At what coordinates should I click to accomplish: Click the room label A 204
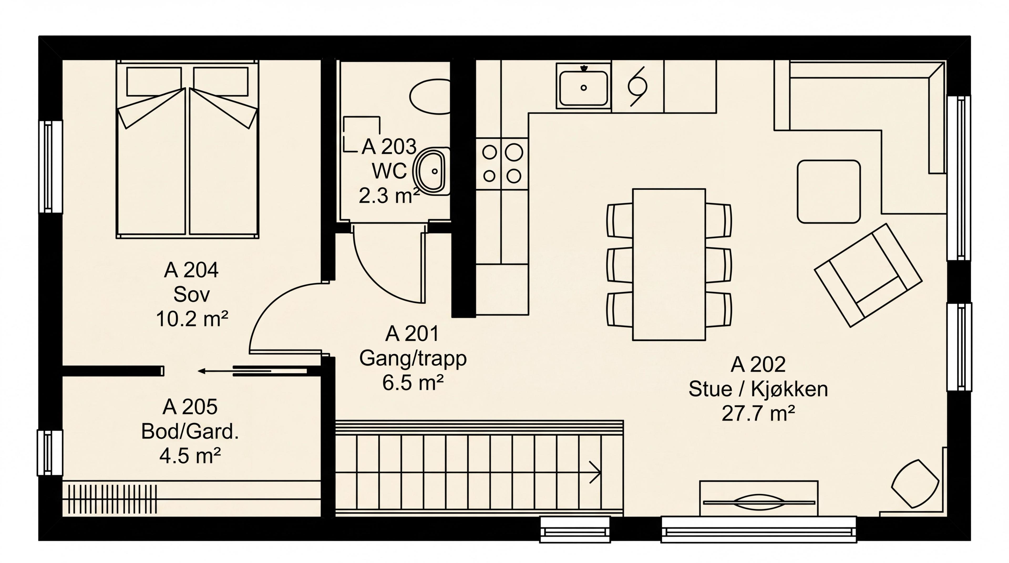tap(191, 270)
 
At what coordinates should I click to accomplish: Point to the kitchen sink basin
tap(583, 88)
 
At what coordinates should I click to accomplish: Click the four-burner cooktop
tap(502, 164)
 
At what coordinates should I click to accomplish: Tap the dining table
tap(669, 264)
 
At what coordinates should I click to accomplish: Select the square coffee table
tap(829, 192)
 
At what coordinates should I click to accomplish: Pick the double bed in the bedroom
tap(188, 149)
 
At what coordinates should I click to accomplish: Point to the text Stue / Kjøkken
tap(758, 389)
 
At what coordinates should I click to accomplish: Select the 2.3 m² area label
tap(389, 195)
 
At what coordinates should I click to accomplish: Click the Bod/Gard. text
tap(190, 431)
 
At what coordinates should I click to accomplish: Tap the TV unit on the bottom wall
tap(759, 498)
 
